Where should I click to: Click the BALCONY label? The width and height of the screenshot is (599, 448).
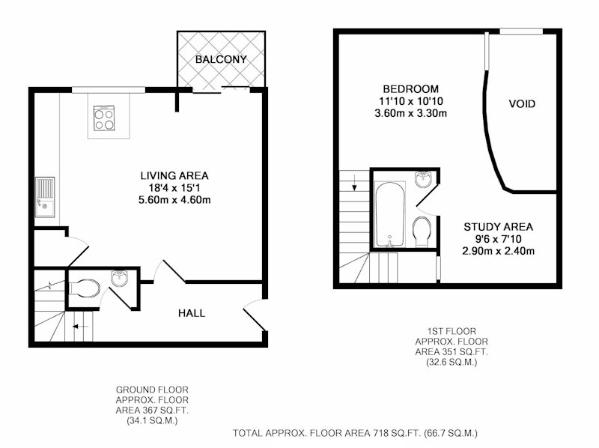coord(221,59)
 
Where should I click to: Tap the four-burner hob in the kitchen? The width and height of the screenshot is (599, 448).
coord(104,118)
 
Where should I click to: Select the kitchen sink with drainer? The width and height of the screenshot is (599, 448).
coord(45,197)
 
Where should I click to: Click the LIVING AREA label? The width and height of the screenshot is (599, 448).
coord(174,176)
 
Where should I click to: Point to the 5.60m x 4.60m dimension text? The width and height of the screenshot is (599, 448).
coord(174,199)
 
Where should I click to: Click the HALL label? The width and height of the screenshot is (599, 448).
coord(192,313)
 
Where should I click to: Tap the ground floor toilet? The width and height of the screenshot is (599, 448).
coord(85,288)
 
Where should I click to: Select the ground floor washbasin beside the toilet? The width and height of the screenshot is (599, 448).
coord(120,278)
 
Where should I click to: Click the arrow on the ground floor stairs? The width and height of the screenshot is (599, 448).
coord(81,327)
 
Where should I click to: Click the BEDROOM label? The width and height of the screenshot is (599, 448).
coord(410,89)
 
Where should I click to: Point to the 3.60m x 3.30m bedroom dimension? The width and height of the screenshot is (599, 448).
coord(410,114)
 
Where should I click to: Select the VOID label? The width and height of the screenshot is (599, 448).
coord(522,104)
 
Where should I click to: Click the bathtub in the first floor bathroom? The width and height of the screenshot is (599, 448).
coord(389,214)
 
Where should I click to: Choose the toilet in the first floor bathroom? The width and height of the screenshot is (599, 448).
coord(422,231)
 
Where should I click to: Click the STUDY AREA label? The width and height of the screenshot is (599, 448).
coord(498,227)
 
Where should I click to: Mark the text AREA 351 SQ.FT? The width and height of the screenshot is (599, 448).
coord(451,351)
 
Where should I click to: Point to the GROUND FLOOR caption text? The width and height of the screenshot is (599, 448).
coord(152,390)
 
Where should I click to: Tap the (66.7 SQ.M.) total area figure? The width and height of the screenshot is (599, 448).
coord(451,434)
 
